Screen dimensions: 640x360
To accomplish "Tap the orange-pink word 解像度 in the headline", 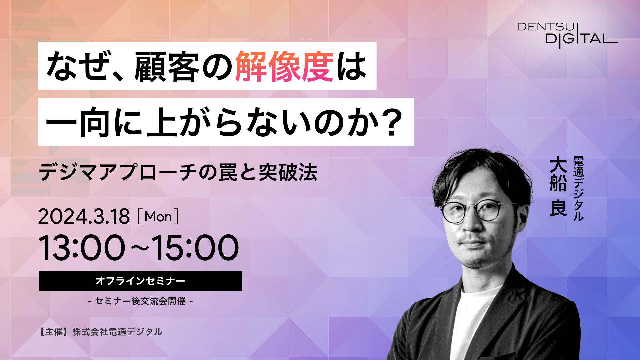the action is click(284, 67).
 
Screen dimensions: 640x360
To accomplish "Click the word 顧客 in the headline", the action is click(167, 67).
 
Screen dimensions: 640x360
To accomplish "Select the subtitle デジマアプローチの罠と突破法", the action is click(178, 172).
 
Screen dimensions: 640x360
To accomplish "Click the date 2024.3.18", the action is click(84, 217).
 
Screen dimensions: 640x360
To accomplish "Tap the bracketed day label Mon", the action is click(158, 217).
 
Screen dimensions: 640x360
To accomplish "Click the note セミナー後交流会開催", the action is click(140, 301).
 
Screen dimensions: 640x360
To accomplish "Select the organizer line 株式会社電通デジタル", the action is click(117, 332).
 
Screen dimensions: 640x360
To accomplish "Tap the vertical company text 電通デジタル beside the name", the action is click(578, 188).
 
